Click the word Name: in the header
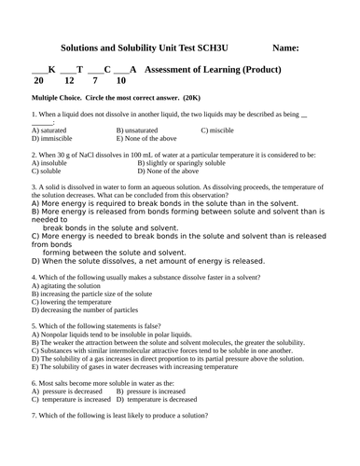[287, 47]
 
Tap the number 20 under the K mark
[37, 81]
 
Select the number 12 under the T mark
[70, 81]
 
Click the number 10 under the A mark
[120, 81]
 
